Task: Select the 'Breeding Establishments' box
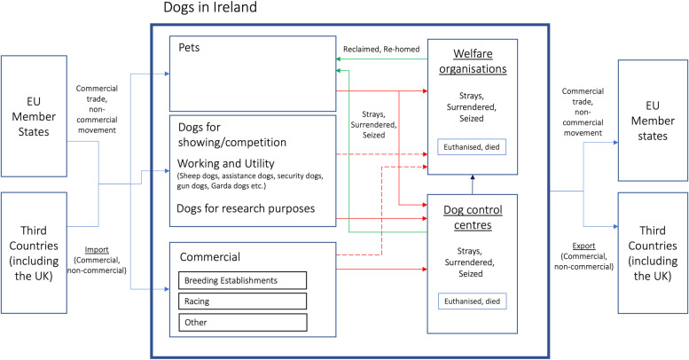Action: (243, 280)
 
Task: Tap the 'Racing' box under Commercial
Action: (243, 301)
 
